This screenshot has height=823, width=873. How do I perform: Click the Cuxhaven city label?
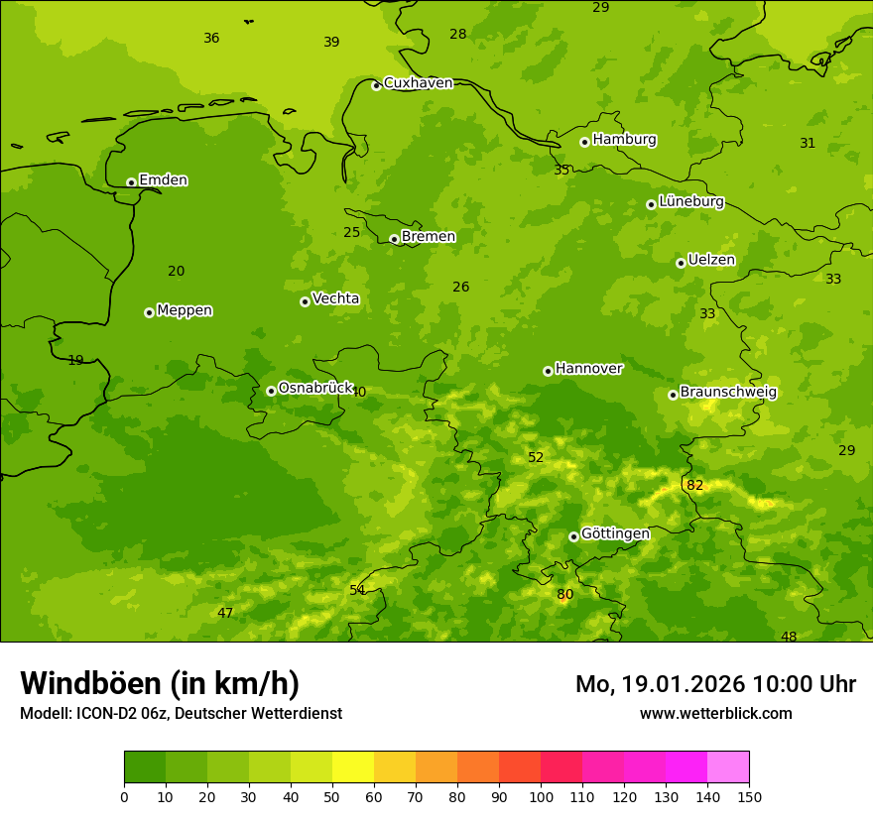418,83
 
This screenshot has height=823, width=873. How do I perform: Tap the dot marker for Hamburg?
585,142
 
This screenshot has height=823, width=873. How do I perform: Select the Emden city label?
163,180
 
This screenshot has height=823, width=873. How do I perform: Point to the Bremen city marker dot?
394,239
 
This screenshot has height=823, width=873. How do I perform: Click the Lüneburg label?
690,201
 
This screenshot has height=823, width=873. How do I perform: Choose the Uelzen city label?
711,260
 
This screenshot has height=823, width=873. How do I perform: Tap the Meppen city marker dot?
149,312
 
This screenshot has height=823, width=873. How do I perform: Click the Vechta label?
335,298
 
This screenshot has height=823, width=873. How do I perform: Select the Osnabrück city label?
315,388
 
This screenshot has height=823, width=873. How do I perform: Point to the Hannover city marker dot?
548,371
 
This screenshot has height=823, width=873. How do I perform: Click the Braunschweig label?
728,392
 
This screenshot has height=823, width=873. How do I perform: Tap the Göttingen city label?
615,533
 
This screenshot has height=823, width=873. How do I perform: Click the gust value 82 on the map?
694,485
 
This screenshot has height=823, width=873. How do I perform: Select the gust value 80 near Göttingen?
564,595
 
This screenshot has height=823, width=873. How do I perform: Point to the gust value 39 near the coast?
331,42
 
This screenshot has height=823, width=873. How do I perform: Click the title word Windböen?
90,683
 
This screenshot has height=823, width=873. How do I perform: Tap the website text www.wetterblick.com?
715,713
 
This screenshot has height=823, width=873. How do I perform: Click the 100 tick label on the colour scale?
541,795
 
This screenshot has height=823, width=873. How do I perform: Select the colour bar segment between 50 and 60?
353,766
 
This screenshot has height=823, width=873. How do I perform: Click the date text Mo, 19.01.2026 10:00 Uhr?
715,684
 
